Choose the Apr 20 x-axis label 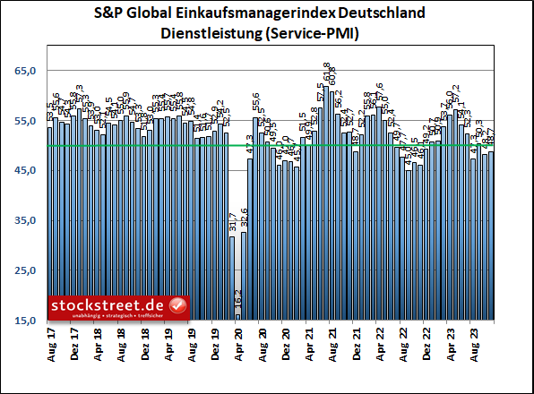[x=238, y=341]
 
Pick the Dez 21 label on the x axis [x=356, y=341]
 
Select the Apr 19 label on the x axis [x=168, y=341]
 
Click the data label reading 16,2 [x=238, y=301]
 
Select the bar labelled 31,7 [x=232, y=278]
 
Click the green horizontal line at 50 [x=403, y=145]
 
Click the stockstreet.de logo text [x=108, y=304]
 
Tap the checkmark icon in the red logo [x=178, y=306]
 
